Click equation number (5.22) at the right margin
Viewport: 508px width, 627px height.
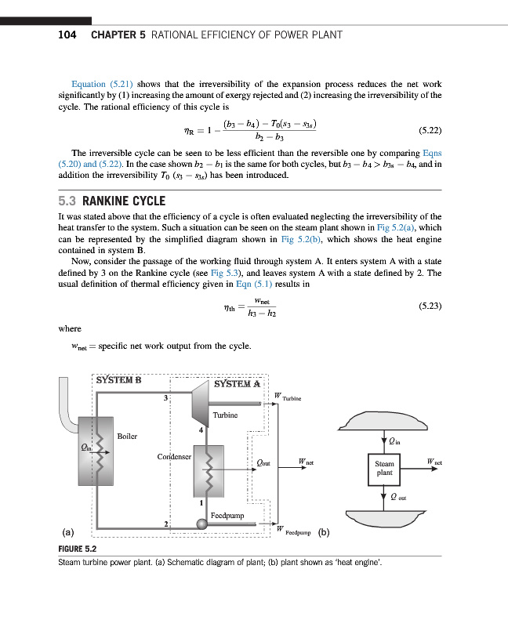click(426, 130)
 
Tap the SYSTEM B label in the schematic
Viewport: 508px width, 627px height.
click(118, 380)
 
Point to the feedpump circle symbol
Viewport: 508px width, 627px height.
click(202, 524)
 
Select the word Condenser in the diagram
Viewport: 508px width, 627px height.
click(175, 455)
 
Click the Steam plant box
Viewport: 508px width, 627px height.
click(384, 469)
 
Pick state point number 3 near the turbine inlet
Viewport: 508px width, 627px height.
click(165, 400)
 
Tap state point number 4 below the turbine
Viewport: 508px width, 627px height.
click(201, 429)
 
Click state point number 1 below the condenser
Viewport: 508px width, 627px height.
click(201, 502)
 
